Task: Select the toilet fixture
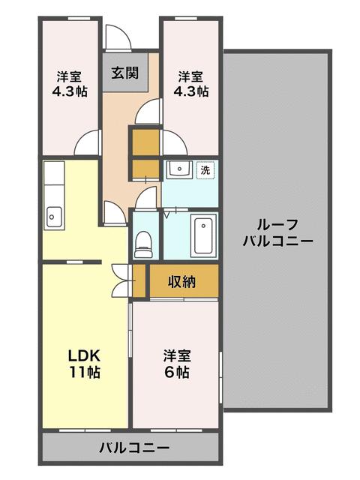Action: (x=142, y=241)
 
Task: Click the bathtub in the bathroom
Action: (x=204, y=235)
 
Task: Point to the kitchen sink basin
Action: (x=52, y=215)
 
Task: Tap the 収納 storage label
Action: (x=181, y=282)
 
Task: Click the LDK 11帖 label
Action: (x=85, y=363)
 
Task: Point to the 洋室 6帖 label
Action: (x=177, y=363)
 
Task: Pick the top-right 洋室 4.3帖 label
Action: (x=190, y=83)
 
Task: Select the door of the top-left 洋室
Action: (x=88, y=143)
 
